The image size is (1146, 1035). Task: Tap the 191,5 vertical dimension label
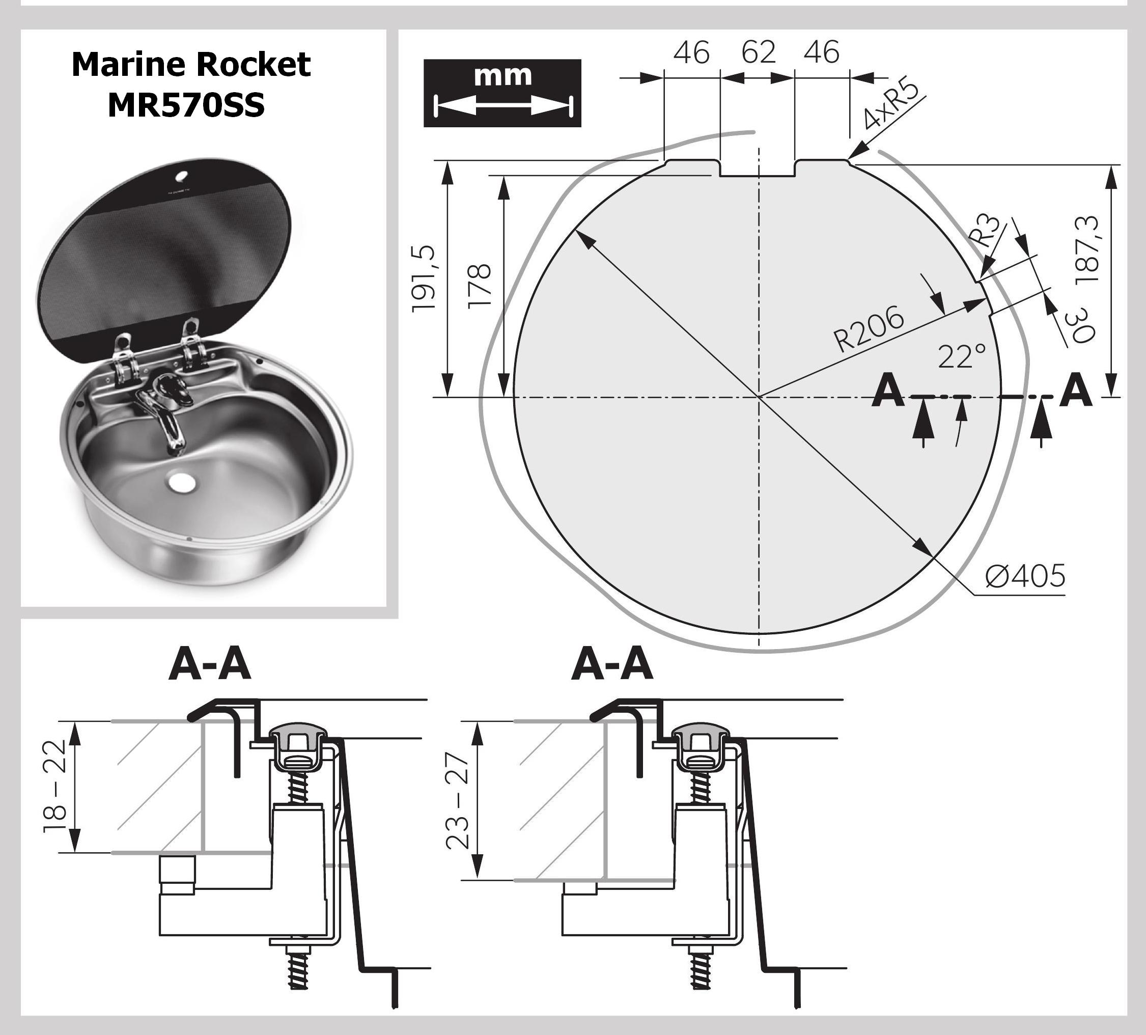click(424, 278)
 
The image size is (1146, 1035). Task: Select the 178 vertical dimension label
click(480, 286)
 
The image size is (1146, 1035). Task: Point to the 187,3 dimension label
click(1087, 250)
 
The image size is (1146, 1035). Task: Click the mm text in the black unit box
click(502, 75)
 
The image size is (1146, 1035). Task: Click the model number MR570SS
click(186, 105)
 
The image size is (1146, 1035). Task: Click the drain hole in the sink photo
click(182, 483)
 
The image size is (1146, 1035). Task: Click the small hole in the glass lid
click(185, 175)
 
